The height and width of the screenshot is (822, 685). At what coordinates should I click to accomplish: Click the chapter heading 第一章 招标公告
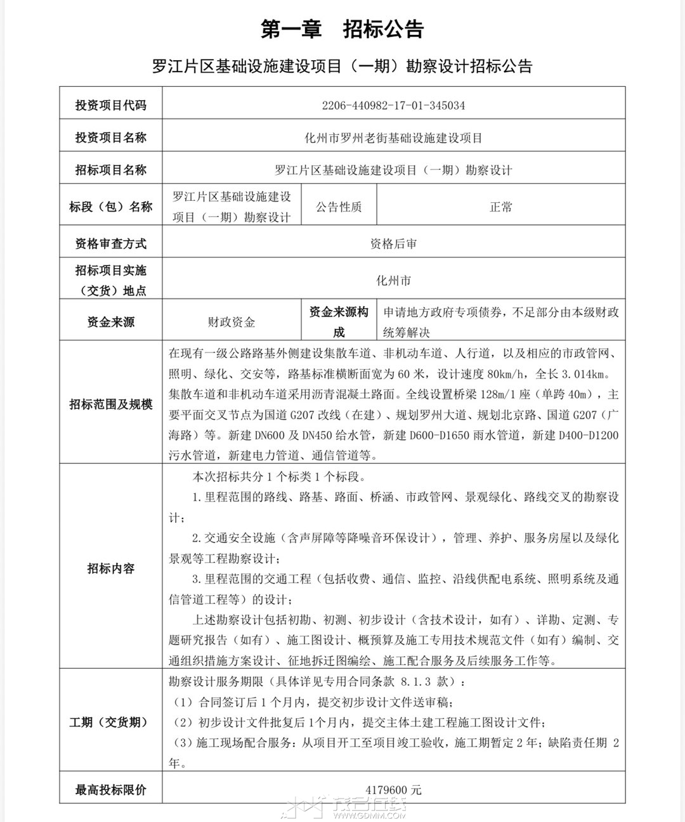[342, 29]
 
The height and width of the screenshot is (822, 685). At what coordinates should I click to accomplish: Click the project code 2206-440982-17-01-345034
[393, 105]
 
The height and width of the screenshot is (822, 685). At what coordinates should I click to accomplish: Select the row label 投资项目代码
[110, 105]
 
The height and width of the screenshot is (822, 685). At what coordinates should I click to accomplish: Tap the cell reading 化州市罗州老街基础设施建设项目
[393, 138]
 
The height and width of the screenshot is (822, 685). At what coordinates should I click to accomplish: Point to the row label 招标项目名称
[110, 170]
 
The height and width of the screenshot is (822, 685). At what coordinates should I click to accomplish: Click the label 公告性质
[339, 207]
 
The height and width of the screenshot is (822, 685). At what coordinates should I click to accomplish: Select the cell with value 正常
[500, 207]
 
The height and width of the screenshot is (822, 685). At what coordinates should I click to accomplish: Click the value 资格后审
[393, 243]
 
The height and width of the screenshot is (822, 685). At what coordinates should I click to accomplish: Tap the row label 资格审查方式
[110, 243]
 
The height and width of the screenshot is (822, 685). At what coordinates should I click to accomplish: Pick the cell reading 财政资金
[232, 322]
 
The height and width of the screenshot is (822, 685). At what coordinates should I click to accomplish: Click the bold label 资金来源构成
[339, 322]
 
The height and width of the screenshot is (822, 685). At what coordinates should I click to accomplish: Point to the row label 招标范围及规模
[110, 404]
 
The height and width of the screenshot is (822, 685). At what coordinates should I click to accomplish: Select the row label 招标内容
[110, 568]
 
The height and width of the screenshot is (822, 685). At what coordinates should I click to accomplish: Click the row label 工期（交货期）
[110, 722]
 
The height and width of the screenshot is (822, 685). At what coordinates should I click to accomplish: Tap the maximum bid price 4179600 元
[393, 790]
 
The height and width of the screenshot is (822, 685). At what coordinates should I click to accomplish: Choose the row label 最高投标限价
[110, 790]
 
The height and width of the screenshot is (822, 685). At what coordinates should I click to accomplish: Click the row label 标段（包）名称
[110, 207]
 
